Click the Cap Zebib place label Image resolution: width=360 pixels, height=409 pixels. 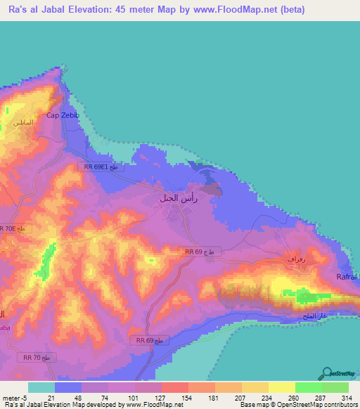coord(60,115)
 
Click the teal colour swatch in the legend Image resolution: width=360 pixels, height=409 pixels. coord(41,387)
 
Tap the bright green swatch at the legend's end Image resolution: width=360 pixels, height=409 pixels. coord(335,387)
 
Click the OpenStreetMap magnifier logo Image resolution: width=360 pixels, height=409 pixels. coord(328,374)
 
